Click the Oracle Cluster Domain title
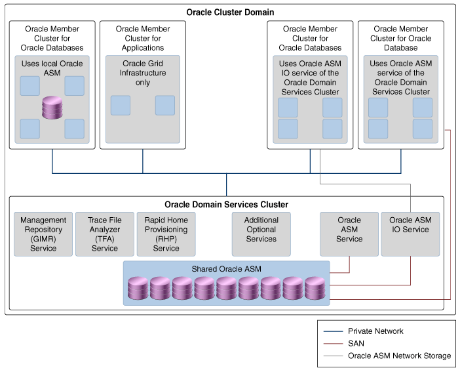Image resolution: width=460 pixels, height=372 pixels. (x=230, y=12)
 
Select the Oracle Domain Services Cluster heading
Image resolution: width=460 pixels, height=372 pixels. (x=226, y=205)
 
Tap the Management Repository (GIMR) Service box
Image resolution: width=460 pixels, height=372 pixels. (x=43, y=234)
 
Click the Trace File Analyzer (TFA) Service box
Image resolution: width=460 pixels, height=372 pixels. (x=105, y=234)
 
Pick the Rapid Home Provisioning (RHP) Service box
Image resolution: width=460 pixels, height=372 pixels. (x=166, y=234)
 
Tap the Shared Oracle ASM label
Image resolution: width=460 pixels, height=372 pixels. (x=225, y=269)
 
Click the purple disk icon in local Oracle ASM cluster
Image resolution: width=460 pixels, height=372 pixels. (x=52, y=108)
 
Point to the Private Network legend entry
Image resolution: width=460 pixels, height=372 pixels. (x=375, y=331)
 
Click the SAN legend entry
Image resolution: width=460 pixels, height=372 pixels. (x=356, y=343)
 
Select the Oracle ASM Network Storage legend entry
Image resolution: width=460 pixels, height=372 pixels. (x=399, y=356)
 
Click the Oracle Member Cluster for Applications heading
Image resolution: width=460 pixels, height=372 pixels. (x=142, y=38)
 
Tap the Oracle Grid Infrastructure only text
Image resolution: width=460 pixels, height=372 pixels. (x=143, y=73)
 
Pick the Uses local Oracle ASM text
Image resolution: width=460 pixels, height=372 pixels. (x=52, y=68)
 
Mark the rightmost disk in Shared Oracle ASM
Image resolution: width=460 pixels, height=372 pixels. (x=315, y=288)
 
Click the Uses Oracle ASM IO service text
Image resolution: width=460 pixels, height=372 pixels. (x=310, y=78)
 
